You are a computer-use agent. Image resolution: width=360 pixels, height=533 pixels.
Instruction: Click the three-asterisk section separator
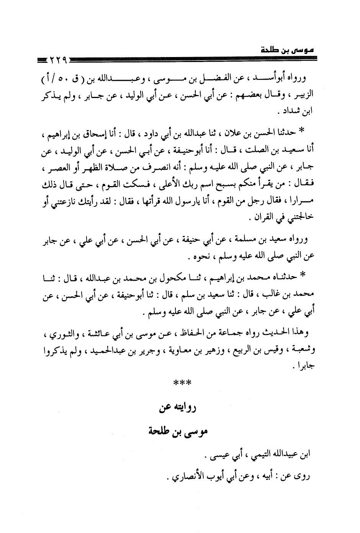coord(180,383)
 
